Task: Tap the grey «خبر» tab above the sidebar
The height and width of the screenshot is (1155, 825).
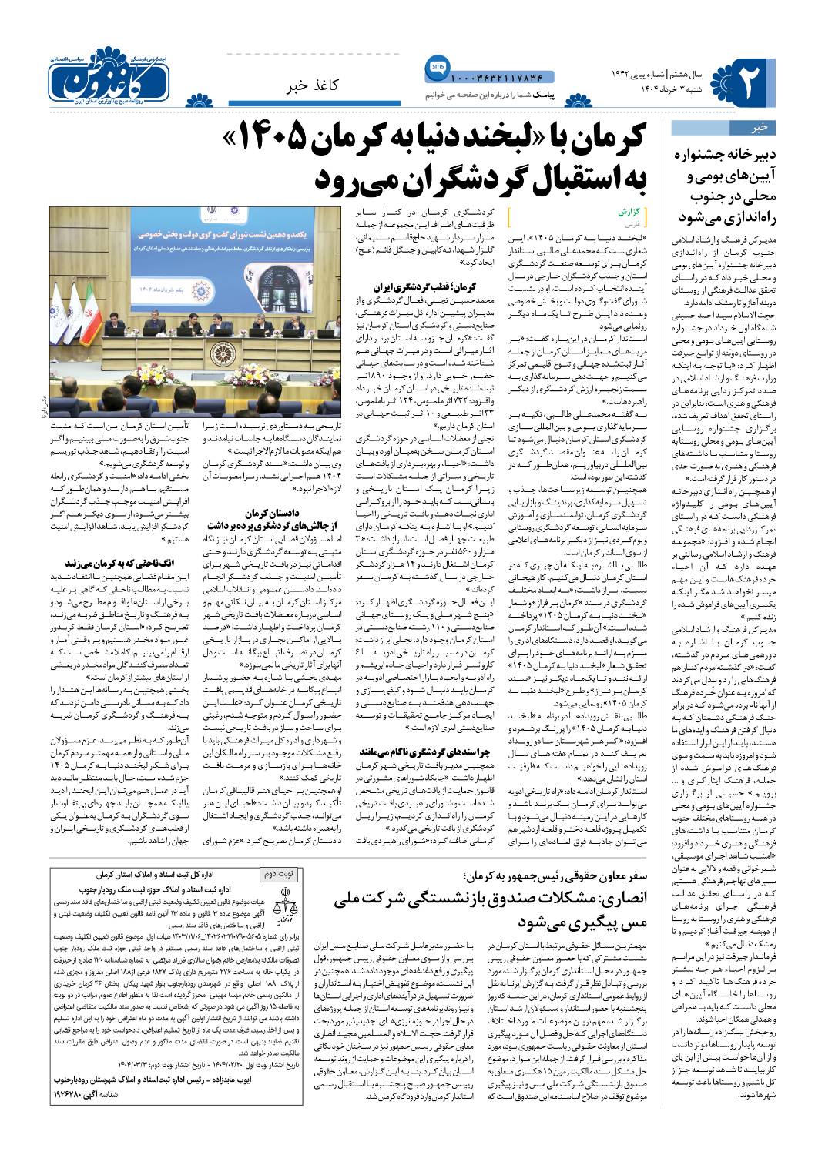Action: (759, 127)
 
